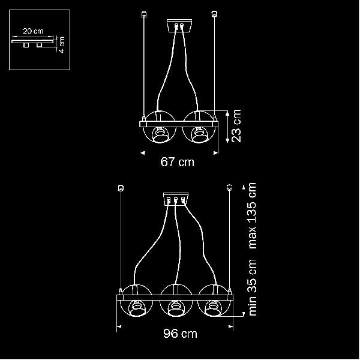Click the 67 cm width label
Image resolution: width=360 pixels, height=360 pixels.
pyautogui.click(x=177, y=162)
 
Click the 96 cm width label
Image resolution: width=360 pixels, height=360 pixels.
pyautogui.click(x=180, y=334)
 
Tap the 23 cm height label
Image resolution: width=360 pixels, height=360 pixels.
pyautogui.click(x=236, y=126)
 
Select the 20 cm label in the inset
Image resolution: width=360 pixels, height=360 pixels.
pyautogui.click(x=33, y=31)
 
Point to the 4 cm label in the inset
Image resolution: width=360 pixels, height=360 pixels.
pyautogui.click(x=62, y=44)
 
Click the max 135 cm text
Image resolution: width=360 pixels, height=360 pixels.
pyautogui.click(x=252, y=215)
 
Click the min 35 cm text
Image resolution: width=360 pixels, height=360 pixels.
pyautogui.click(x=252, y=287)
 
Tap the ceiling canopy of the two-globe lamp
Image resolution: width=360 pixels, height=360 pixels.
pyautogui.click(x=179, y=25)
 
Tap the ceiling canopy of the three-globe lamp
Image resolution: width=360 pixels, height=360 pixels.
pyautogui.click(x=176, y=199)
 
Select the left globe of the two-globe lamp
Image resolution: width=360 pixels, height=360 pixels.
pyautogui.click(x=160, y=127)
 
